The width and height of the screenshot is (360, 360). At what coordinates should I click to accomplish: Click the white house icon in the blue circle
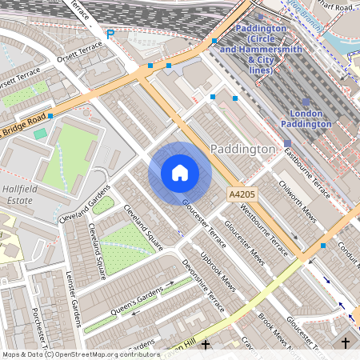tap(180, 172)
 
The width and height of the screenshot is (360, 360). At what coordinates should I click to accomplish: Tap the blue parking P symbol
tap(110, 34)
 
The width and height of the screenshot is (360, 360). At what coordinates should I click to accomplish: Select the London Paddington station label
tap(306, 118)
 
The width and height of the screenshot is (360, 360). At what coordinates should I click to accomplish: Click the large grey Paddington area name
tap(242, 150)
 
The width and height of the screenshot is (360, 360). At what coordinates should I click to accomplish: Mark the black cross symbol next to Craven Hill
tap(206, 344)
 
